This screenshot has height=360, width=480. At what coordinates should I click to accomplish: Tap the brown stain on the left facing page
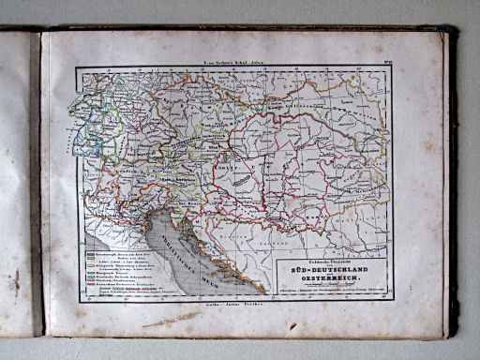pyautogui.click(x=14, y=281)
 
